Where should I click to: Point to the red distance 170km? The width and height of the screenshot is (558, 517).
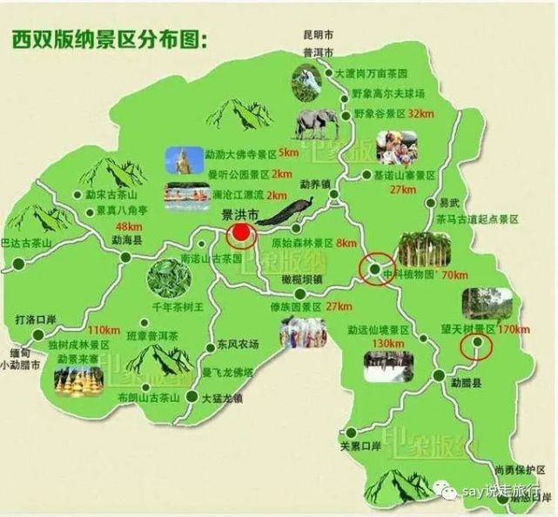click(x=513, y=328)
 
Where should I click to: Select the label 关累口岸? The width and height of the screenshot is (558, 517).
click(x=360, y=446)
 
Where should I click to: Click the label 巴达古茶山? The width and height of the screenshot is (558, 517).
click(x=27, y=241)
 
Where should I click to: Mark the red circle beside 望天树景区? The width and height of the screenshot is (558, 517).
click(x=476, y=348)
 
